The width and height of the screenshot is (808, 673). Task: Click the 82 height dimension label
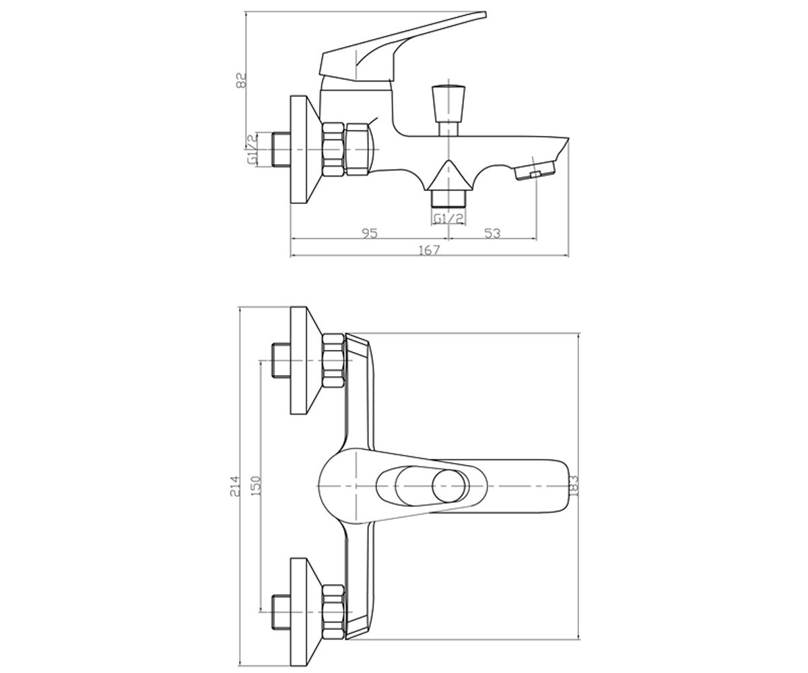(241, 80)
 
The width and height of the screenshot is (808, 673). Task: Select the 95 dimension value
(369, 234)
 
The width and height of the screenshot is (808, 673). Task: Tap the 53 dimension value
(492, 234)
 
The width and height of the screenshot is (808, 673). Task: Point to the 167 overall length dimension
(430, 250)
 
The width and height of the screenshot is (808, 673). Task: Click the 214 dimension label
(235, 486)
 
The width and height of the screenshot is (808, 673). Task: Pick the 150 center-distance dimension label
(256, 486)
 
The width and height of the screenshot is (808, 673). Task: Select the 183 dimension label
(574, 486)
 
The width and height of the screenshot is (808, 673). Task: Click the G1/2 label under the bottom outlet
(448, 219)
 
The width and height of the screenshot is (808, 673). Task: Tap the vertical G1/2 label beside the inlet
(252, 149)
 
